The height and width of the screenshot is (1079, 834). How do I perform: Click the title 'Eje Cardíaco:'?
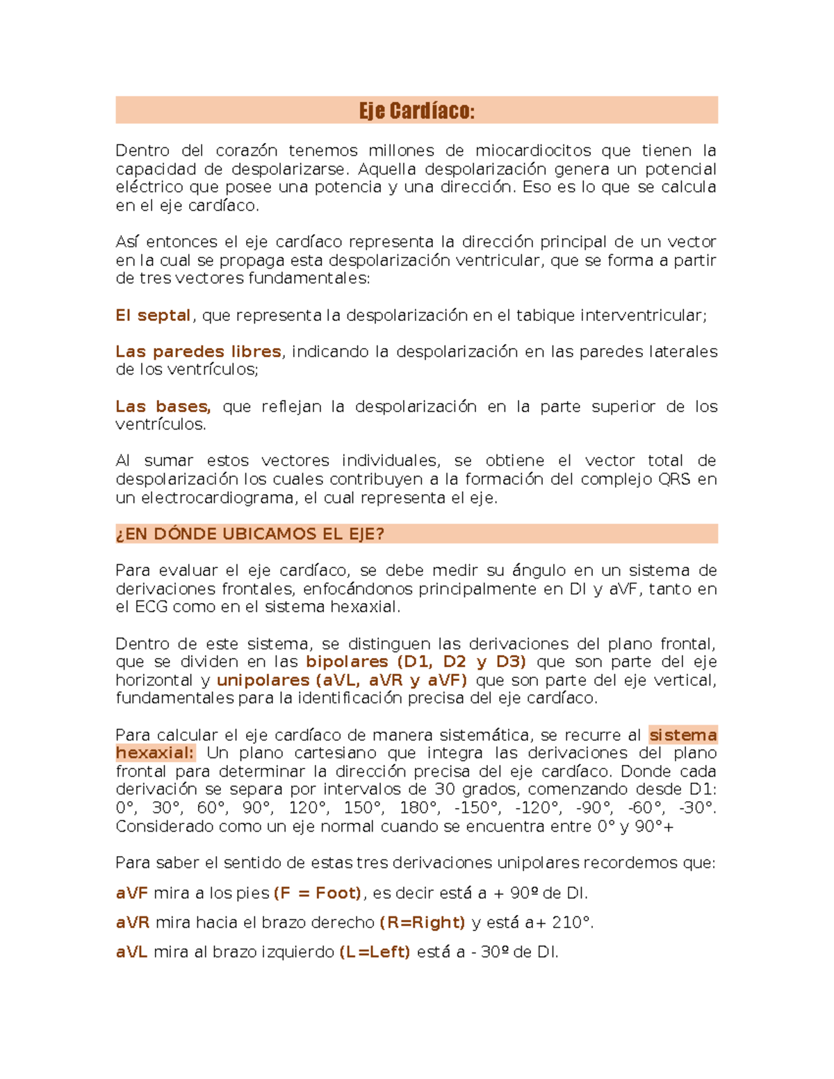pos(416,110)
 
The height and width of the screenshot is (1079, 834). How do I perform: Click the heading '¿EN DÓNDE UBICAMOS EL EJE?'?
pos(250,534)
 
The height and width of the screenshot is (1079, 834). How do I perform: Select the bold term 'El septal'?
pos(153,315)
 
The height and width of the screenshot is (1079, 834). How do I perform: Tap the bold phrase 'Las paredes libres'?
pos(198,352)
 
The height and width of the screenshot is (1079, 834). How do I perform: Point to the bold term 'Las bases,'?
pos(163,406)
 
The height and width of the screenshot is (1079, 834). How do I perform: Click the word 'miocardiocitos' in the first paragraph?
pos(533,151)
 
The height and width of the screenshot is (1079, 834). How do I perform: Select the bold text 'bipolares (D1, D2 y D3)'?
pos(416,661)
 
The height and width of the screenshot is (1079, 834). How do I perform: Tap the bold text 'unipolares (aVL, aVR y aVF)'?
pos(342,680)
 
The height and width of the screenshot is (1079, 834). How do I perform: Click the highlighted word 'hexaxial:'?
pos(155,753)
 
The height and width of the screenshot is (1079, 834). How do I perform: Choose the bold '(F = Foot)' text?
pos(318,893)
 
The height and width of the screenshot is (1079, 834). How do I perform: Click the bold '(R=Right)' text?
pos(423,923)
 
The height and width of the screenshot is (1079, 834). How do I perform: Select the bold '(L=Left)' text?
pos(375,952)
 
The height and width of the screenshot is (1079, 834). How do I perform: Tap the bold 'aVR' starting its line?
pos(132,923)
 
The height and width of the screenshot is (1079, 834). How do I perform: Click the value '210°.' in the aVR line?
pos(573,923)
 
